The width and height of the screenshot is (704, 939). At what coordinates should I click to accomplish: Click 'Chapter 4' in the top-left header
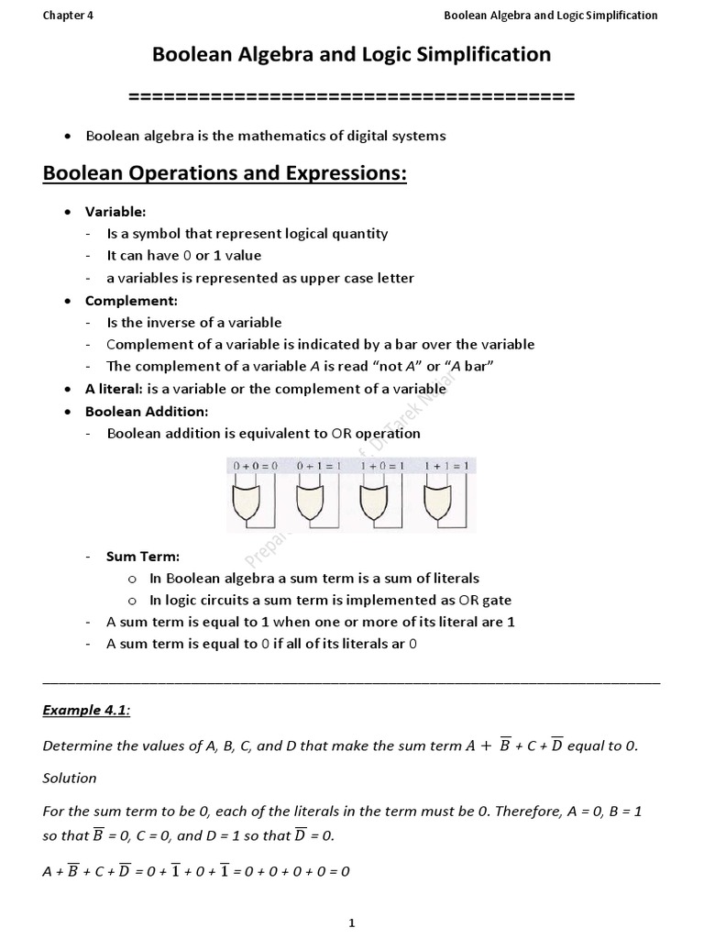pos(68,15)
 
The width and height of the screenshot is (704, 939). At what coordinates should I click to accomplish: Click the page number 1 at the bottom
pos(351,923)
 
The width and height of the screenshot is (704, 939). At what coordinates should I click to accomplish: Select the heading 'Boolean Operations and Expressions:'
pos(225,174)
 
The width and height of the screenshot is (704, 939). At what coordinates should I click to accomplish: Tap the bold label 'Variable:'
pos(115,212)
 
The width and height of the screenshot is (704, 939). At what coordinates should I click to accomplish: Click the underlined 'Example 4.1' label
pos(85,711)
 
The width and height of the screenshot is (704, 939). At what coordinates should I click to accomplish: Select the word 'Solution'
pos(70,778)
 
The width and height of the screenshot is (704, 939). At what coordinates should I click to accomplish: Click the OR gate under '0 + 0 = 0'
pos(248,503)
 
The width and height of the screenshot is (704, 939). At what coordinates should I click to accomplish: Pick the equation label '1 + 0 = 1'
pos(382,467)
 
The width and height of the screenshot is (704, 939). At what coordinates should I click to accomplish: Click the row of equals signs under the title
pos(351,96)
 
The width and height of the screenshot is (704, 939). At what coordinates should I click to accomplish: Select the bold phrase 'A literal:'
pos(114,389)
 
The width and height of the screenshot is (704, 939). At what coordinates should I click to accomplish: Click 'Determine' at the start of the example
pos(74,746)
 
